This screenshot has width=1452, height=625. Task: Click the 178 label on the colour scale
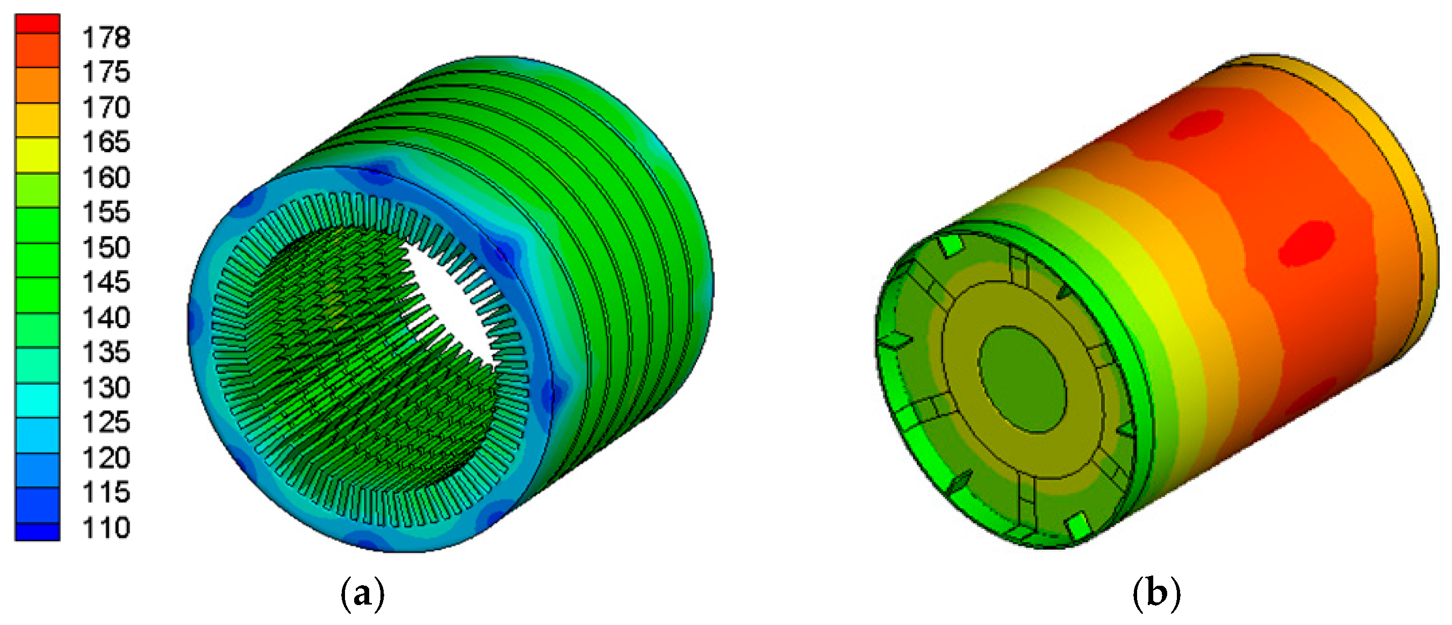click(106, 38)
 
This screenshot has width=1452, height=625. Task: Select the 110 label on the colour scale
click(106, 528)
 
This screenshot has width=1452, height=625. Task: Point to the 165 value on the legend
click(106, 142)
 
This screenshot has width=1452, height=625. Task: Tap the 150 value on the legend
click(106, 247)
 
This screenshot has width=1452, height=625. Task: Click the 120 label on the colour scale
click(106, 458)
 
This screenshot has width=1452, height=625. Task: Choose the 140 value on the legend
click(106, 318)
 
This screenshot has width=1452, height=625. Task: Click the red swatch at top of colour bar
click(37, 24)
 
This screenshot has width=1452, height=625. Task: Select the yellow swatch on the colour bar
click(37, 154)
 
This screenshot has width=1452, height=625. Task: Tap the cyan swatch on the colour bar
click(37, 400)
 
